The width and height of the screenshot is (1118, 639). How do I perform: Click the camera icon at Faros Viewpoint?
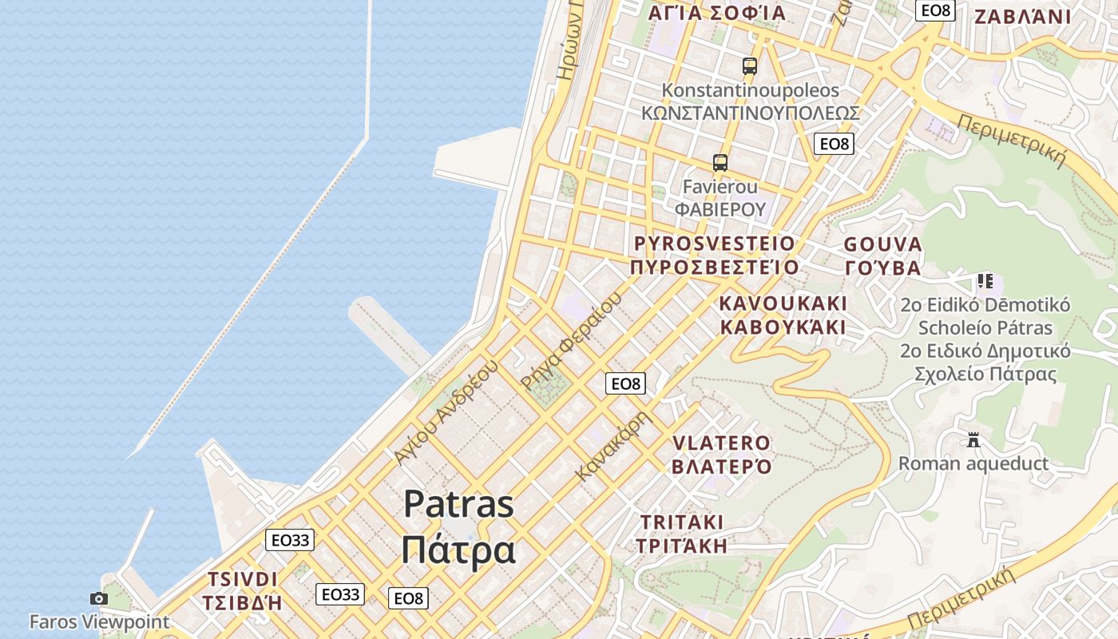[x=99, y=598]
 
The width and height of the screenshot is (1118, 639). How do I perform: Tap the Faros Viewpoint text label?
[x=99, y=621]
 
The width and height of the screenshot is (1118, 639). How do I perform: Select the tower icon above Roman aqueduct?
[x=973, y=440]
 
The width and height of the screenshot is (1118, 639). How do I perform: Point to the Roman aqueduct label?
[x=973, y=463]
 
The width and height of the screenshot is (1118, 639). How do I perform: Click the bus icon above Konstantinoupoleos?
[x=749, y=66]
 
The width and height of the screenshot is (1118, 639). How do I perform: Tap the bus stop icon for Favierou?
[x=720, y=163]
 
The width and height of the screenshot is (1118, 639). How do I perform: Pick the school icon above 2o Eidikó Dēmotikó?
[x=985, y=281]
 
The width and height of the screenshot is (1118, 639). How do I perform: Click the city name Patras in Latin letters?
[x=458, y=504]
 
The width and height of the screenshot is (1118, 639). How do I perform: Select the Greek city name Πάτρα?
[x=458, y=550]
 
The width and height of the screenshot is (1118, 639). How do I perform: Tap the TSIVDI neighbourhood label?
[x=243, y=579]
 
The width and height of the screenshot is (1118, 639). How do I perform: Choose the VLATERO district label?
[x=722, y=443]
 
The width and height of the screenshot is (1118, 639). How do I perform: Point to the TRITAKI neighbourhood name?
[x=682, y=522]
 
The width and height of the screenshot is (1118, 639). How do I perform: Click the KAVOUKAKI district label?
[x=783, y=304]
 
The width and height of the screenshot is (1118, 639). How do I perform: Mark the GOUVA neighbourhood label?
[x=882, y=244]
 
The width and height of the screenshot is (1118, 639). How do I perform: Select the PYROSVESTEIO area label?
[x=714, y=244]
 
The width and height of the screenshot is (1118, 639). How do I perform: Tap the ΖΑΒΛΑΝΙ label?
[x=1023, y=17]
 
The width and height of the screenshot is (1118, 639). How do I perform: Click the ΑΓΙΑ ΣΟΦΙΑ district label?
[x=716, y=13]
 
